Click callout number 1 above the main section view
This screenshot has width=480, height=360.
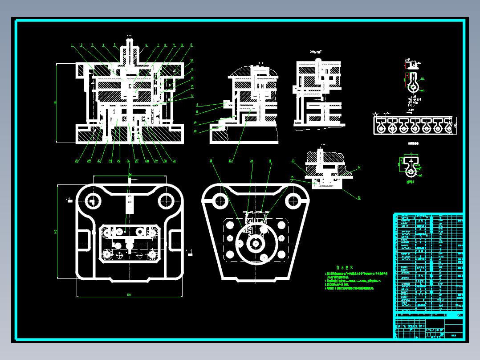point(72,45)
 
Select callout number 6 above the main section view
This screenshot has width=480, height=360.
point(146,45)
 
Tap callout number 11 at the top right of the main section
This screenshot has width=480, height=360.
point(191,45)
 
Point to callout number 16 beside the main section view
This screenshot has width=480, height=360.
point(192,95)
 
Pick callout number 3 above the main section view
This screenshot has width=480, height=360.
point(92,45)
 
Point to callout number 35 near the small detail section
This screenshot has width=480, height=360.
point(292,177)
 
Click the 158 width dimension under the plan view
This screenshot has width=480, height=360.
point(129,295)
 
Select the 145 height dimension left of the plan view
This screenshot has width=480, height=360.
point(56,232)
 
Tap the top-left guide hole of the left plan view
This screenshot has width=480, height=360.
point(94,200)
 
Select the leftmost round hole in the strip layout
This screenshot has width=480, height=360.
point(381,129)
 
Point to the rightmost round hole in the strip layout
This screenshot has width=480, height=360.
point(449,129)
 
